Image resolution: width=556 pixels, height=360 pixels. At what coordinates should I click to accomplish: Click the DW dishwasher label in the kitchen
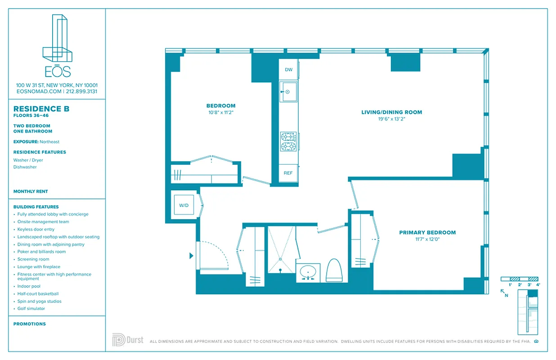pyautogui.click(x=288, y=69)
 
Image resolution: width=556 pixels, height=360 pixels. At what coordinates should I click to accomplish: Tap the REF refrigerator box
pyautogui.click(x=288, y=173)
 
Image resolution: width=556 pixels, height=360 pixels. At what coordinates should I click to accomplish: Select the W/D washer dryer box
pyautogui.click(x=184, y=205)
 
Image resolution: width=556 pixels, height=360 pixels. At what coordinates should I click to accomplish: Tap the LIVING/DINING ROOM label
pyautogui.click(x=391, y=112)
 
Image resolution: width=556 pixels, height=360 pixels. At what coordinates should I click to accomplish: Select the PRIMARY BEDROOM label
pyautogui.click(x=427, y=233)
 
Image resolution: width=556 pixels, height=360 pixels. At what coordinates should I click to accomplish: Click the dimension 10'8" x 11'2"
pyautogui.click(x=220, y=112)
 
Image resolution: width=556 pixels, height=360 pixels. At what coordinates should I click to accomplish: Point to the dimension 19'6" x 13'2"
pyautogui.click(x=391, y=119)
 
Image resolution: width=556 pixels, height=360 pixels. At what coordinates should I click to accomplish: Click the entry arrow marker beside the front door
pyautogui.click(x=191, y=256)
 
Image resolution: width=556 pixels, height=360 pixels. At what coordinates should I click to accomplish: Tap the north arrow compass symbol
pyautogui.click(x=505, y=293)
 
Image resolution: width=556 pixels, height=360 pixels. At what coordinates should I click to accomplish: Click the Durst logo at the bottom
pyautogui.click(x=128, y=339)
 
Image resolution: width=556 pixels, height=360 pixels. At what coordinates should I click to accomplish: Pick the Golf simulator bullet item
pyautogui.click(x=31, y=309)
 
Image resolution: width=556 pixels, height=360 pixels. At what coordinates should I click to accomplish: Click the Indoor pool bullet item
pyautogui.click(x=29, y=286)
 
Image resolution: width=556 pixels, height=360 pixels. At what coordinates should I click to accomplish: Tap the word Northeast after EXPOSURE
pyautogui.click(x=49, y=142)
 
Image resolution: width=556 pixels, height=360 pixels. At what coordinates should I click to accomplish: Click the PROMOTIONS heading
pyautogui.click(x=30, y=324)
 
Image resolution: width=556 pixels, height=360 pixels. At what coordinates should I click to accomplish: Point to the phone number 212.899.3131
pyautogui.click(x=81, y=91)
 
